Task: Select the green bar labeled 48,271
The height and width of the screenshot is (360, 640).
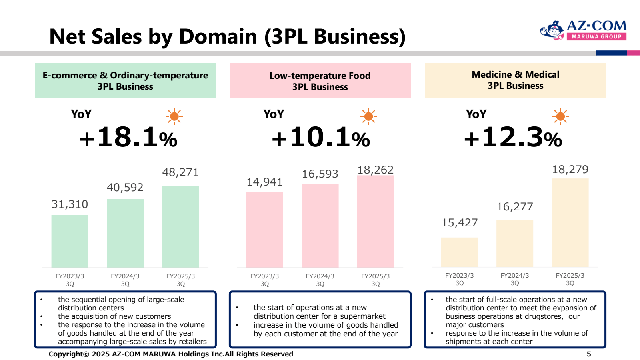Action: click(180, 226)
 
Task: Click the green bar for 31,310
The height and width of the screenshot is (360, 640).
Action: click(70, 241)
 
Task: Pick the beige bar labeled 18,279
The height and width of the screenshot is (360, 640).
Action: click(570, 222)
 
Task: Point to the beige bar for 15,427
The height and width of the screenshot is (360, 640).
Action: click(459, 252)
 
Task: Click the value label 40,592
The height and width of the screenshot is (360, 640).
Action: click(125, 188)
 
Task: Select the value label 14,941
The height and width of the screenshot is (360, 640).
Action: click(264, 182)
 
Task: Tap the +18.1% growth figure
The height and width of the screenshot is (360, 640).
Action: click(128, 137)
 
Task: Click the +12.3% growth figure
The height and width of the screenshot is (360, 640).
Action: click(513, 137)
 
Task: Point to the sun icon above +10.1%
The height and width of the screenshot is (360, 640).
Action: click(368, 117)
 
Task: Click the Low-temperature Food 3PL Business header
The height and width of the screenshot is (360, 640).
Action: click(320, 81)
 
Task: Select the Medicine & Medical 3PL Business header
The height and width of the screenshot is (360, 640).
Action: click(515, 80)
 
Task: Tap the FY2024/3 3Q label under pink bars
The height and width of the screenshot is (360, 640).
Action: click(320, 280)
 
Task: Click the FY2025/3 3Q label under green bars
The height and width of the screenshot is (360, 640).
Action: click(180, 280)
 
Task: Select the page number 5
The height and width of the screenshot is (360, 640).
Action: click(588, 354)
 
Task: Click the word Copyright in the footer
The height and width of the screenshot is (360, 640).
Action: click(66, 354)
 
